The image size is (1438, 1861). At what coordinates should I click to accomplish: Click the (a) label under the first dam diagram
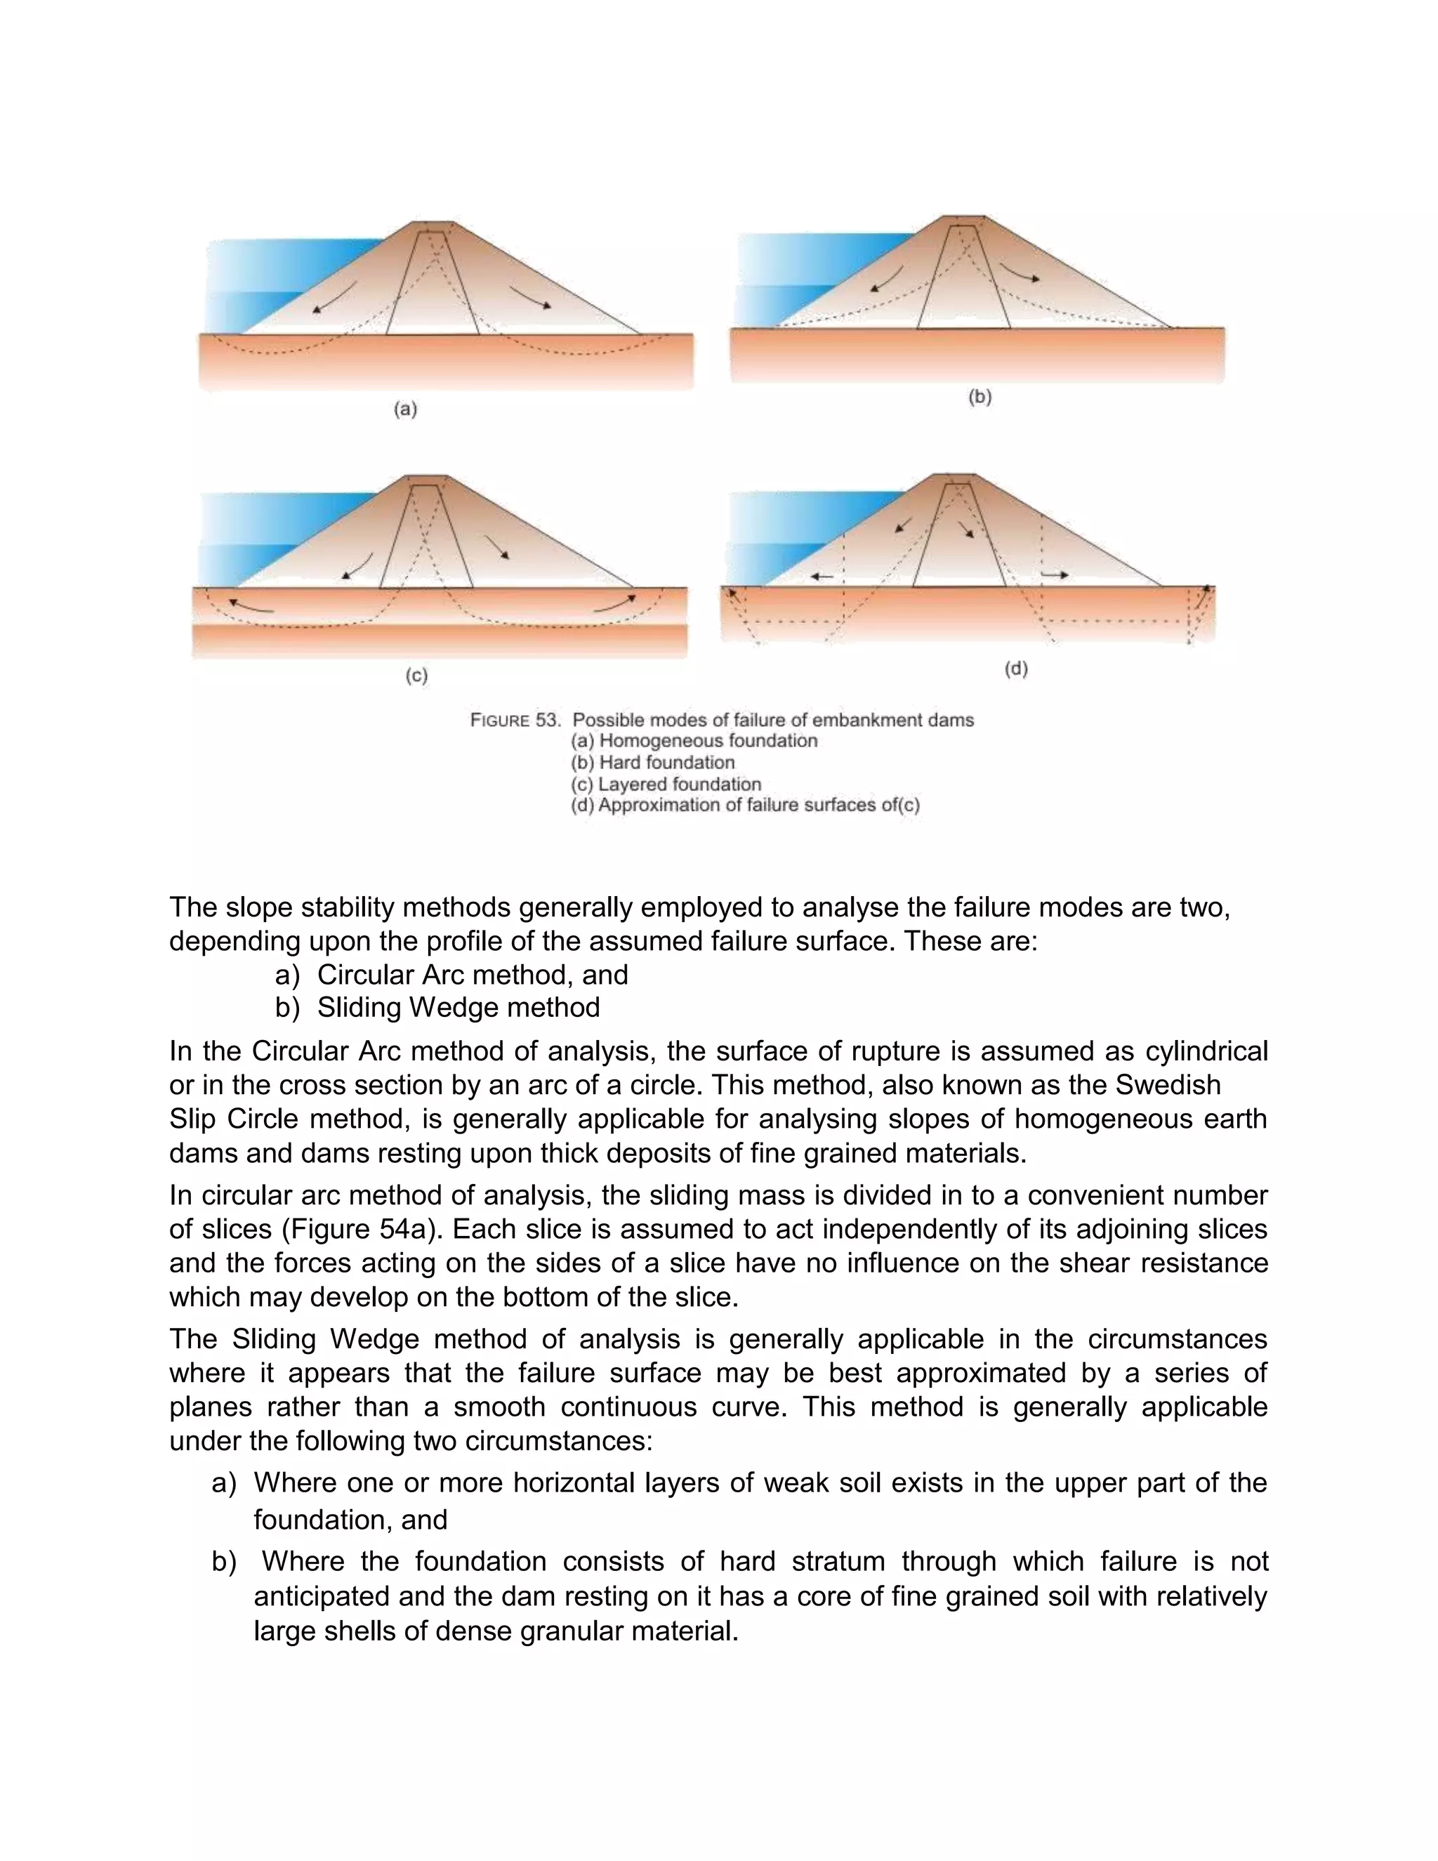click(406, 410)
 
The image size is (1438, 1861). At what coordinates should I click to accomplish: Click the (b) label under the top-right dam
click(979, 397)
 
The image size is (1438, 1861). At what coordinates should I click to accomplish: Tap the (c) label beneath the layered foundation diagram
click(416, 676)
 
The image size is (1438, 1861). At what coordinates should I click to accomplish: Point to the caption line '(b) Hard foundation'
click(652, 763)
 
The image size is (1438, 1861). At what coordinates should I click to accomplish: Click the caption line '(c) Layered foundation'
click(666, 784)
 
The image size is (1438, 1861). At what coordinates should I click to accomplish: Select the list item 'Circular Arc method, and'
click(472, 975)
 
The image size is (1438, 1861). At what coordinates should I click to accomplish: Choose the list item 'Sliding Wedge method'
click(459, 1008)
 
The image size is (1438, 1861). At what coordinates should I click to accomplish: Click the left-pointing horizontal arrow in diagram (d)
click(822, 577)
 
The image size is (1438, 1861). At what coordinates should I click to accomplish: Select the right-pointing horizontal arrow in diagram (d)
click(1055, 576)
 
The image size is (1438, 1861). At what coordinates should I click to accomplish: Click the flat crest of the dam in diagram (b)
click(967, 218)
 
